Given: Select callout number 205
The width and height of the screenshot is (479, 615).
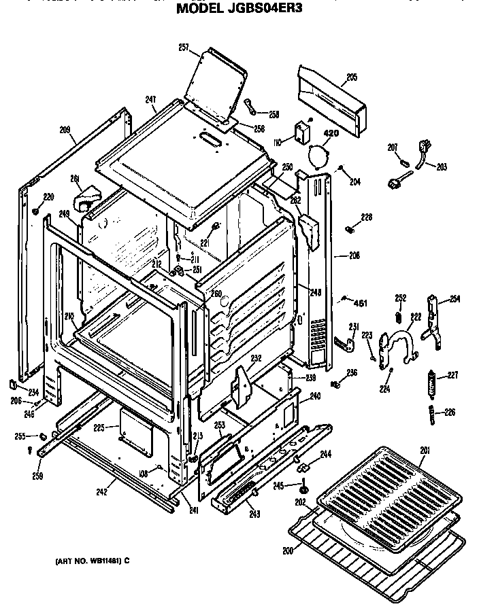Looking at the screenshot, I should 350,77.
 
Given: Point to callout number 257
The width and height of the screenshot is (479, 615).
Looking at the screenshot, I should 183,47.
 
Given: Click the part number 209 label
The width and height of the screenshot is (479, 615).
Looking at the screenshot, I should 65,128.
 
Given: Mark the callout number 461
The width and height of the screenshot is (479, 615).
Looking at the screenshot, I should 360,302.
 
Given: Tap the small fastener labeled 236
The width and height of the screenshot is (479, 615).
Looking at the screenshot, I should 336,385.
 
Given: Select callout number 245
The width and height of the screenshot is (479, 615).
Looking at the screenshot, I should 288,485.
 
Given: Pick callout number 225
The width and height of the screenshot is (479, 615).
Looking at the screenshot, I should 99,428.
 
